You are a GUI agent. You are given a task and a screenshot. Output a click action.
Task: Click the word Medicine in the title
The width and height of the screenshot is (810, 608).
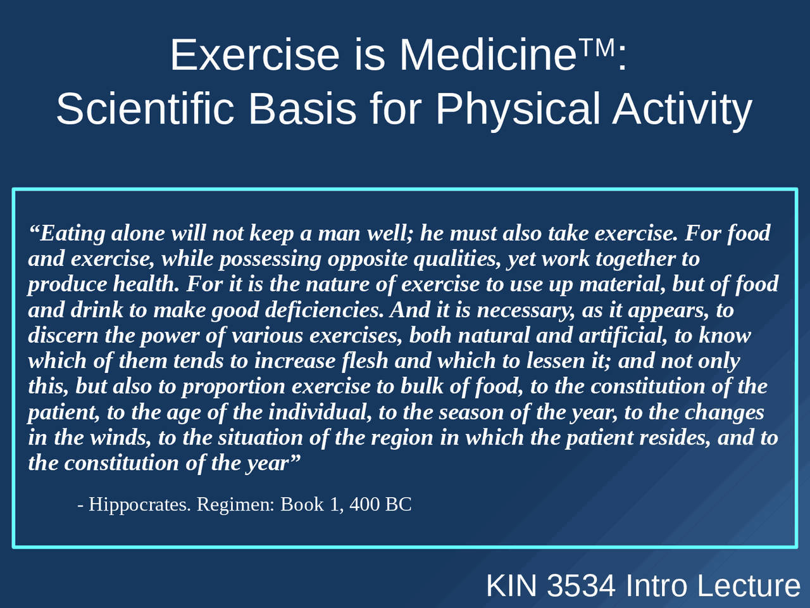[488, 55]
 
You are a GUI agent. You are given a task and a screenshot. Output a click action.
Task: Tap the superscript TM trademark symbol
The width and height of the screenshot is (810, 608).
[597, 47]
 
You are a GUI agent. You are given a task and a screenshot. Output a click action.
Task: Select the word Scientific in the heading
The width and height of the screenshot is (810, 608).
[145, 109]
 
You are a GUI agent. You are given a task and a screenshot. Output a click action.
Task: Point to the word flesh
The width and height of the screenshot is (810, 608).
[365, 360]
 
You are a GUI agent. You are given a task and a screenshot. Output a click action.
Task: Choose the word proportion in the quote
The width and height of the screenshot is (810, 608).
[234, 387]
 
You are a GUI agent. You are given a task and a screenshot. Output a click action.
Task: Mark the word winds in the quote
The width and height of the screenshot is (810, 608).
[121, 438]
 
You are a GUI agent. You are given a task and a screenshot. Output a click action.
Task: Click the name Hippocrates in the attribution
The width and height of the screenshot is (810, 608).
[140, 505]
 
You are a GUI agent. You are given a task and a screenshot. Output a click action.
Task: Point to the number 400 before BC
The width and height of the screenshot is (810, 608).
[364, 504]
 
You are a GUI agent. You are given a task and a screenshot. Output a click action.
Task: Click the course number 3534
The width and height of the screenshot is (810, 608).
[581, 585]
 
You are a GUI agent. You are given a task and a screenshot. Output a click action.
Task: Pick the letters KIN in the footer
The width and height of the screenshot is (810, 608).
[511, 585]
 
